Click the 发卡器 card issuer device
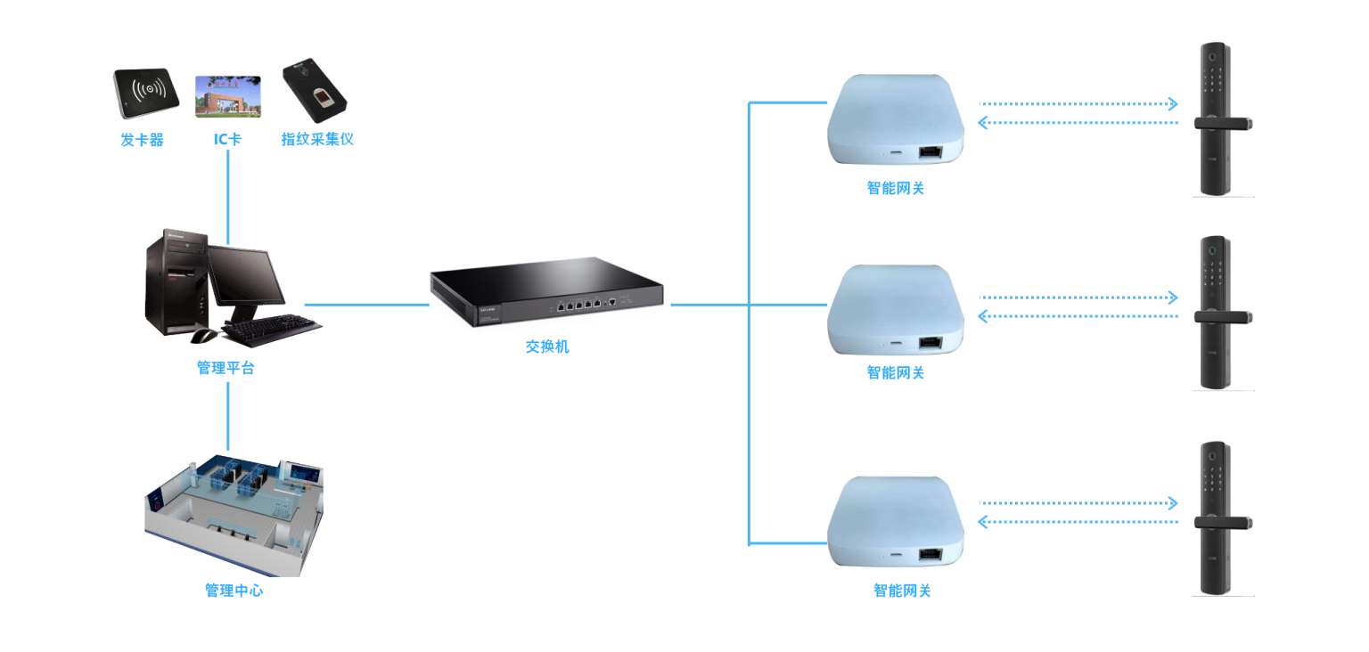146,93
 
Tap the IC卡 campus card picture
228,96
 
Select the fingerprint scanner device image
314,90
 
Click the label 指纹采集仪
317,139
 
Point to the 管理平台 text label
225,368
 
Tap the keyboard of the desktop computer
271,330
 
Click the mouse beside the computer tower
203,336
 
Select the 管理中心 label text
234,591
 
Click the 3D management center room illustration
234,515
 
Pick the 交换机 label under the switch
547,346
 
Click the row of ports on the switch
578,304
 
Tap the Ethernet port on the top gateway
930,152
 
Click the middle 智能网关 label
896,372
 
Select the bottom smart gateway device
896,522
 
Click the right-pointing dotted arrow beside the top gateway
1078,104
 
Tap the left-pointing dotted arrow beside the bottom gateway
1078,522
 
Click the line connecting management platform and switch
366,305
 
